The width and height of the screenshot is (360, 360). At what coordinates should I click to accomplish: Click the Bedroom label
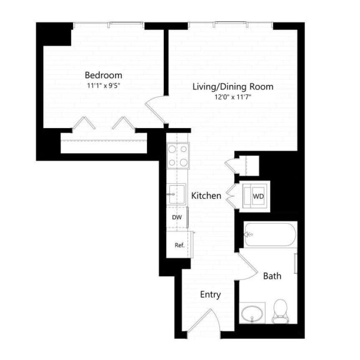tap(104, 75)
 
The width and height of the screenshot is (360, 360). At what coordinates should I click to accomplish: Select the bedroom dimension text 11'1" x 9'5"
tap(104, 86)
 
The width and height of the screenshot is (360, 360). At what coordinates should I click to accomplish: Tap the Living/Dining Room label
tap(232, 87)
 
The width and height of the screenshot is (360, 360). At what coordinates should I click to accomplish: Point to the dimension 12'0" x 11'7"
tap(232, 97)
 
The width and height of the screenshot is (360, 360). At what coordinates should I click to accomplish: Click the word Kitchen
tap(206, 196)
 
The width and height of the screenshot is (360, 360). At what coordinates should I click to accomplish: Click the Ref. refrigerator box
tap(178, 245)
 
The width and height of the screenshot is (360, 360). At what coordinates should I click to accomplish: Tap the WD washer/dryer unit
tap(257, 196)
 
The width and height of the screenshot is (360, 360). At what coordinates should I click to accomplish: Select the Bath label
tap(272, 275)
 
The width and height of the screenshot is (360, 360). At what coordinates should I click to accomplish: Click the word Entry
tap(210, 294)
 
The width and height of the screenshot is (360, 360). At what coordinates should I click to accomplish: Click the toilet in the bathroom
tap(281, 311)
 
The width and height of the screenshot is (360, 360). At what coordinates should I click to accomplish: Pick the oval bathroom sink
tap(252, 312)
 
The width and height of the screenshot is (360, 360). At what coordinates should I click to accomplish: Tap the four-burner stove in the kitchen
tap(177, 156)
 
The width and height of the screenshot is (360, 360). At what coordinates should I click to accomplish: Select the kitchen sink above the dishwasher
tap(176, 194)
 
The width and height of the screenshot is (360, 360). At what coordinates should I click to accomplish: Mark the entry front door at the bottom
tap(203, 323)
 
